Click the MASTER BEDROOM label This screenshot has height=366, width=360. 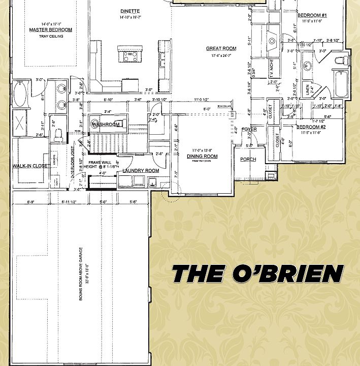click(x=50, y=30)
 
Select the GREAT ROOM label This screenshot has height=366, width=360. click(x=221, y=49)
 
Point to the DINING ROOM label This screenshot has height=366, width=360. click(x=202, y=157)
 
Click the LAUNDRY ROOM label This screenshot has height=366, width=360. click(x=141, y=171)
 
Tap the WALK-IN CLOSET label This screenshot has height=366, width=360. click(x=30, y=166)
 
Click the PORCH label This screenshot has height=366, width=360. click(x=248, y=160)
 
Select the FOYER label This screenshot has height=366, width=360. click(x=249, y=130)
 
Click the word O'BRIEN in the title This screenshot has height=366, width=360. click(x=287, y=274)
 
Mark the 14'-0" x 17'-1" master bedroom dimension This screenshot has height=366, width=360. click(x=50, y=24)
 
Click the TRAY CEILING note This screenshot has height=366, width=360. click(x=50, y=36)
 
